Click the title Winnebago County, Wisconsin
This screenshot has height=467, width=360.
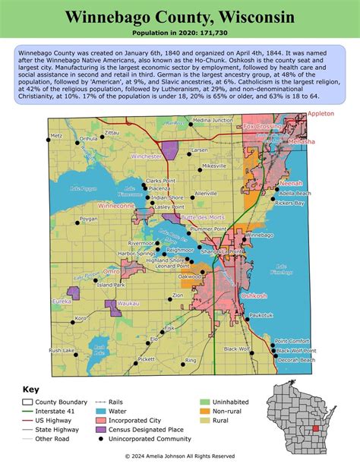point(179,17)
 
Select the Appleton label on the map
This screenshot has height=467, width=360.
point(321,113)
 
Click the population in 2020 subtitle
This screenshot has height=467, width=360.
point(179,34)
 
